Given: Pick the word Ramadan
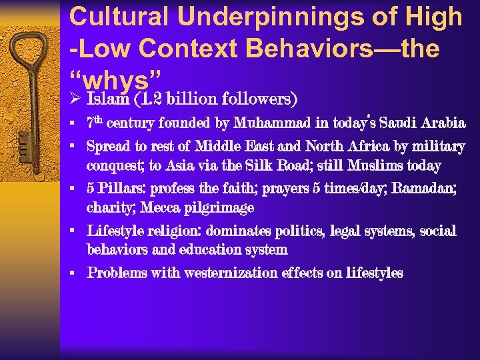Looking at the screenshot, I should point(424,189).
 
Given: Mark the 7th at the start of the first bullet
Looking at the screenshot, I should point(94,123).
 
